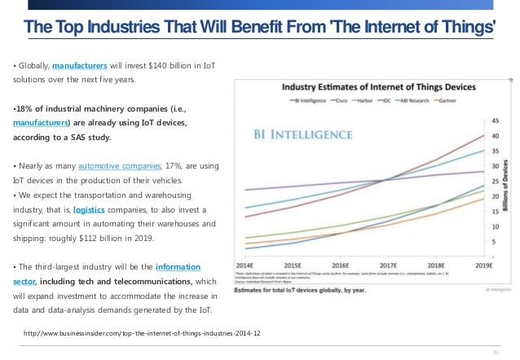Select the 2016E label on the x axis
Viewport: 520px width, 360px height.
(x=341, y=266)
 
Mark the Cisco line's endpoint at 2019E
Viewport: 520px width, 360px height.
(x=484, y=135)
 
